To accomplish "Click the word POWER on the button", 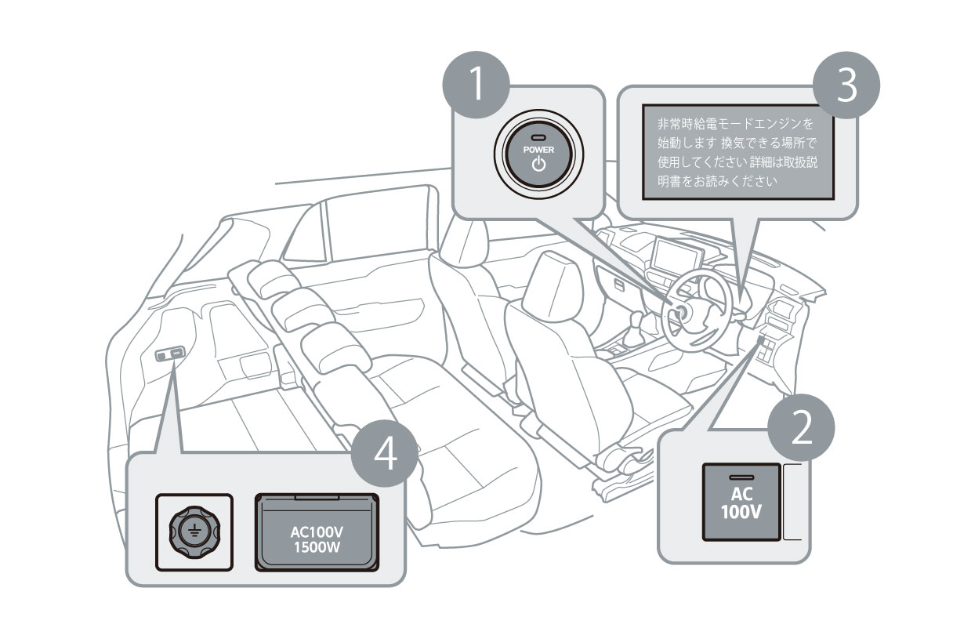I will pos(538,149).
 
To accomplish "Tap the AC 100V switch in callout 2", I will pos(741,503).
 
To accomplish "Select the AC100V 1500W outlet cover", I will pos(317,534).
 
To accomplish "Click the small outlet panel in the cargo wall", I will pos(170,355).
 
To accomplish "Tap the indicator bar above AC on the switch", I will pos(741,477).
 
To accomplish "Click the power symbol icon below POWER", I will pos(538,164).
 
